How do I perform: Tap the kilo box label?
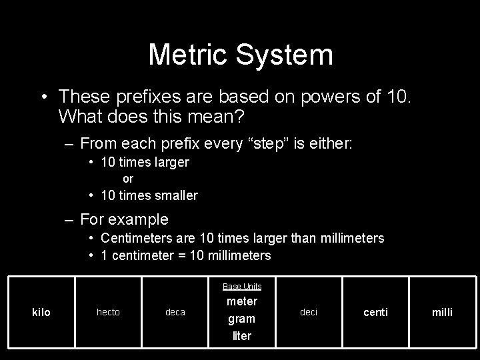41,312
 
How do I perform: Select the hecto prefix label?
109,312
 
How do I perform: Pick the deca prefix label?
175,312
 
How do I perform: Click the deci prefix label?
309,311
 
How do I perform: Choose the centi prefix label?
375,312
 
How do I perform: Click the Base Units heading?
242,287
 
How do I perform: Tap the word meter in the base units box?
242,301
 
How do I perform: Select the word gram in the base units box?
242,319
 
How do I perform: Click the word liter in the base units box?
242,336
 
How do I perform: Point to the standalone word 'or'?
128,179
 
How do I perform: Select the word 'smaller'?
175,195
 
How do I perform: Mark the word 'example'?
139,219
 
